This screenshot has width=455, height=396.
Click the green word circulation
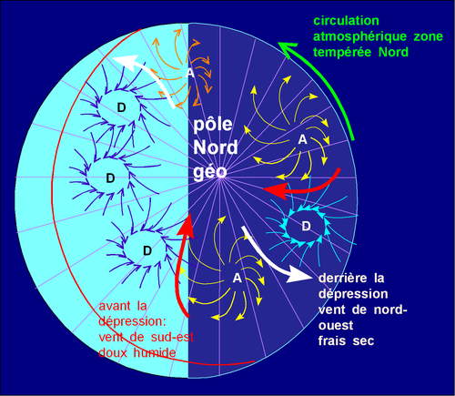pyautogui.click(x=346, y=21)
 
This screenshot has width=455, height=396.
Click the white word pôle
pyautogui.click(x=213, y=125)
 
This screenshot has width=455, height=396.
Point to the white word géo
pyautogui.click(x=210, y=172)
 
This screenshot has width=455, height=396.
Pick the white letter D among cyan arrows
pyautogui.click(x=306, y=226)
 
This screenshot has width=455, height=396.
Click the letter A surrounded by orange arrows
pyautogui.click(x=190, y=73)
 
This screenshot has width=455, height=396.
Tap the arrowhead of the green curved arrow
pyautogui.click(x=288, y=49)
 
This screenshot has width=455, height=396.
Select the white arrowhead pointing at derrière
pyautogui.click(x=299, y=275)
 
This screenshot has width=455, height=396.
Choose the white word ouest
pyautogui.click(x=336, y=326)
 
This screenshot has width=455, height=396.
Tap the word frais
pyautogui.click(x=332, y=341)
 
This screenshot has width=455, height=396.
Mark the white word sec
pyautogui.click(x=363, y=341)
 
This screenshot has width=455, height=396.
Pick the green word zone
pyautogui.click(x=429, y=36)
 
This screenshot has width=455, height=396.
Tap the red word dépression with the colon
pyautogui.click(x=133, y=321)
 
